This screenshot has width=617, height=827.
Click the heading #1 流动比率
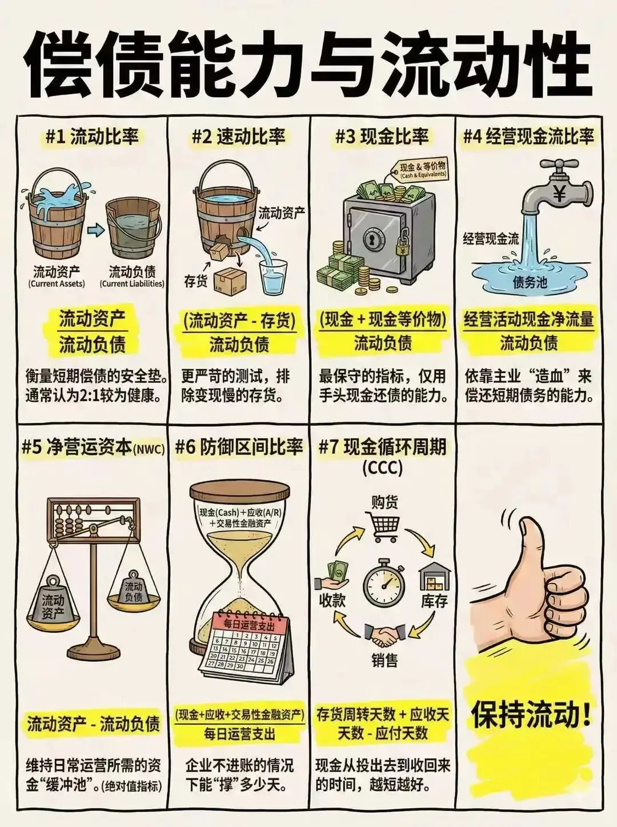coord(92,137)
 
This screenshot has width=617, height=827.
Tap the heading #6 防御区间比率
coord(239,448)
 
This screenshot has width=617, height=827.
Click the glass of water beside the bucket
coord(273,277)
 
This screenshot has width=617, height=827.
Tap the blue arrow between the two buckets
coord(97,229)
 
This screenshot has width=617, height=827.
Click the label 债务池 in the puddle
coord(530,283)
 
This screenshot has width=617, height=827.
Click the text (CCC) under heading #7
coord(383,468)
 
